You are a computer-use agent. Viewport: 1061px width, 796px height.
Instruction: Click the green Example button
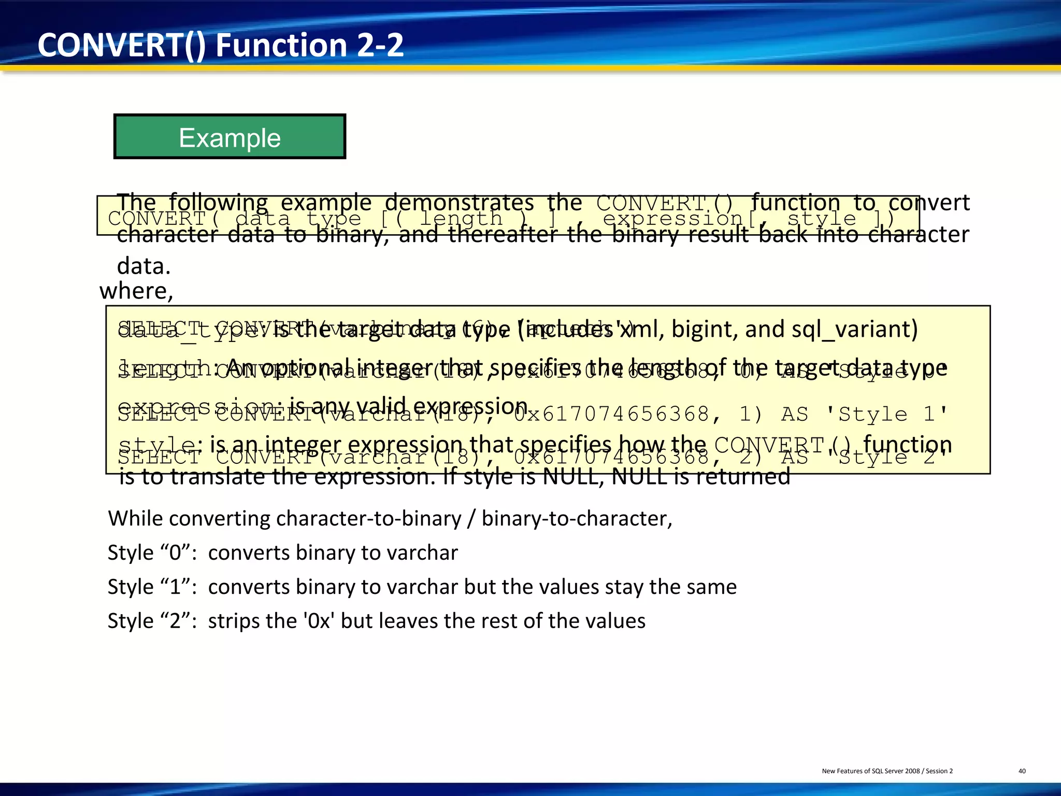tap(230, 137)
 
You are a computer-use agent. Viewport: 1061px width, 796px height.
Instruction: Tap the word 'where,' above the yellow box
tap(136, 291)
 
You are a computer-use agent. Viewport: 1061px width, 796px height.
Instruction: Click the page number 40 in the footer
tap(1022, 771)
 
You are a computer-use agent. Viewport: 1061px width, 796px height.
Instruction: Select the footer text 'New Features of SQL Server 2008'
tap(870, 771)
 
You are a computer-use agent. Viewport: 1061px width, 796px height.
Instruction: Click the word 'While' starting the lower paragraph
tap(135, 518)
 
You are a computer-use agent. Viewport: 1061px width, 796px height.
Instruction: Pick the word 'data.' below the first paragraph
tap(144, 266)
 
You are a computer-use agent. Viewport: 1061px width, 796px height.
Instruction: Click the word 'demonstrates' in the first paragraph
tap(459, 202)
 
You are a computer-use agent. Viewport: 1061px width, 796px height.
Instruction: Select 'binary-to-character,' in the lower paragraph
tap(577, 518)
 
